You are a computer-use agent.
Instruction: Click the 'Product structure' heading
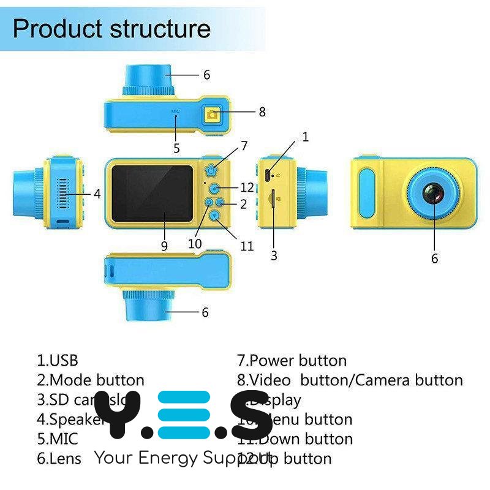[111, 29]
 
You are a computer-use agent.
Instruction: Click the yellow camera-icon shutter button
[213, 114]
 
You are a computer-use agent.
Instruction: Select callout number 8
[262, 112]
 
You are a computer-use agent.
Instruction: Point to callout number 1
[305, 137]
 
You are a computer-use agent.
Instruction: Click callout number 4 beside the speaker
[97, 194]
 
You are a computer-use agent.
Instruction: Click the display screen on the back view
[152, 194]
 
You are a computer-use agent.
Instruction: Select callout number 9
[164, 246]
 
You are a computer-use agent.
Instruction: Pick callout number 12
[246, 186]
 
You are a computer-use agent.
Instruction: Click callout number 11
[247, 246]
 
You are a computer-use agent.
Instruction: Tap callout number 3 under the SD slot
[274, 256]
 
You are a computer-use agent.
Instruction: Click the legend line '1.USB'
[58, 361]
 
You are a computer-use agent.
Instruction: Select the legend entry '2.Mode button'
[91, 380]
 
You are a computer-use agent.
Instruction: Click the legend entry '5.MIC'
[58, 439]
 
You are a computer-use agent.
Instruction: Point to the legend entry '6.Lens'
[59, 458]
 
